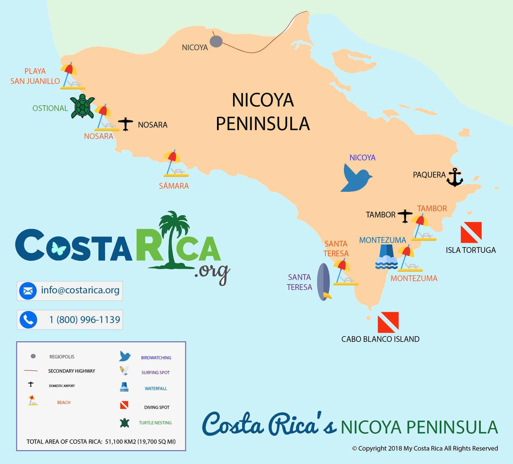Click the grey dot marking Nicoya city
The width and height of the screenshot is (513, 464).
coord(216,42)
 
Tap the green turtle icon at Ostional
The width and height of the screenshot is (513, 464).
coord(83,106)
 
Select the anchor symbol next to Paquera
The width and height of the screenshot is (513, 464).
coord(454,177)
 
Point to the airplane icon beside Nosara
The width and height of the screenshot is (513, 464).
coord(125,124)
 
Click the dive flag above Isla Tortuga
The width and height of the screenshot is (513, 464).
coord(471,232)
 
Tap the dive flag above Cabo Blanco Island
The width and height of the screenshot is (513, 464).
coord(388,322)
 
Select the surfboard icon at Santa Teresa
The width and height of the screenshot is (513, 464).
coord(324,282)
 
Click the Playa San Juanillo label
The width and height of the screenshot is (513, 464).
coord(35,76)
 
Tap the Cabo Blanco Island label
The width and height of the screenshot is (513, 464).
coord(380,339)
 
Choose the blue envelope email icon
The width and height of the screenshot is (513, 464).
coord(28,291)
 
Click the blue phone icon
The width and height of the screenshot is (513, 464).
coord(28,320)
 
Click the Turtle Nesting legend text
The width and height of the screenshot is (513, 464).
coord(155,423)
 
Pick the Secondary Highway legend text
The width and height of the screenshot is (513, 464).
coord(72,371)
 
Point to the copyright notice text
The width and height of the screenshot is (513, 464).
coord(425,448)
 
